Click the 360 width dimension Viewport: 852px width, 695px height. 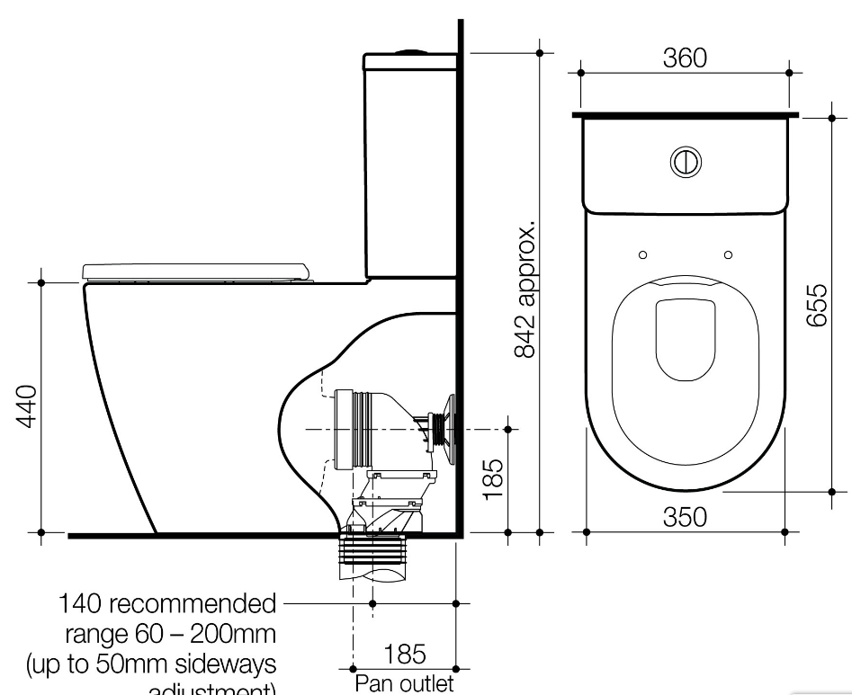point(685,58)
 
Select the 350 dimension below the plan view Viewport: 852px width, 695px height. point(685,517)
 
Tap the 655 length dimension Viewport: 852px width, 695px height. point(815,306)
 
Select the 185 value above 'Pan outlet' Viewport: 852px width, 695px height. point(405,654)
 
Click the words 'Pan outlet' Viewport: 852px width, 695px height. point(404,684)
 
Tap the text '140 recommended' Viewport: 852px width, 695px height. point(167,602)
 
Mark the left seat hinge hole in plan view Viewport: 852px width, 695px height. point(642,254)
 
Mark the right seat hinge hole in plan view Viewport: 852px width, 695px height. point(728,254)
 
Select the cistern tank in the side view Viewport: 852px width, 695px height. point(411,166)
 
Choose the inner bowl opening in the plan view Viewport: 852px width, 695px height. point(685,339)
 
